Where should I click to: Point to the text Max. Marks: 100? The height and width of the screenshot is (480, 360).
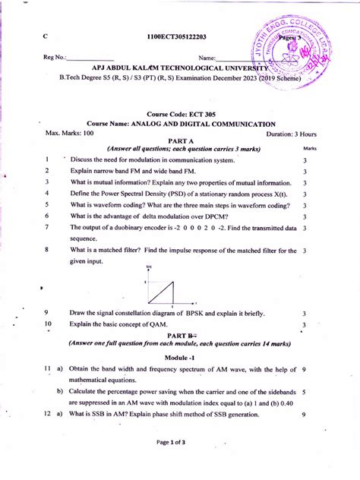[70, 133]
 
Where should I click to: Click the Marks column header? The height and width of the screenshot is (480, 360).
[309, 149]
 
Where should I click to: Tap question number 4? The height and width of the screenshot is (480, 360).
[47, 194]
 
